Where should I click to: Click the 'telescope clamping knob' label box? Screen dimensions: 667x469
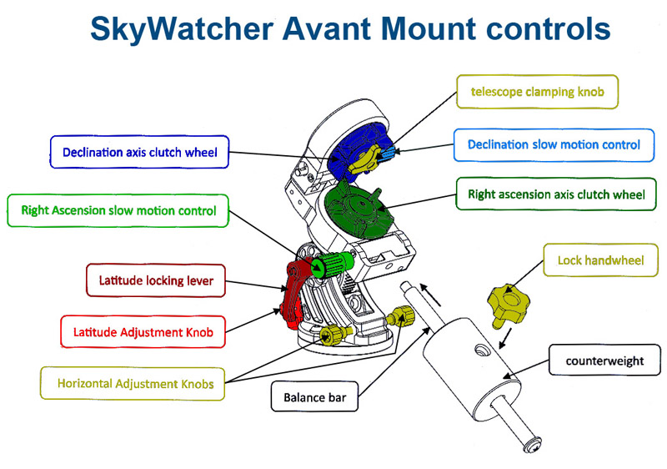[537, 92]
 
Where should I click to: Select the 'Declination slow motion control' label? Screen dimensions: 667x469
[554, 145]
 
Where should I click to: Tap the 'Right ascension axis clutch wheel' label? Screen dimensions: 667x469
[556, 194]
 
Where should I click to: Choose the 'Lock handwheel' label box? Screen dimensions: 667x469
[600, 260]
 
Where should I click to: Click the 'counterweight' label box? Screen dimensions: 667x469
[604, 361]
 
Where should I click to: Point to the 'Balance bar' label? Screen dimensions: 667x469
[314, 397]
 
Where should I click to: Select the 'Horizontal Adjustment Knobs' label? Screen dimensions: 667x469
[133, 384]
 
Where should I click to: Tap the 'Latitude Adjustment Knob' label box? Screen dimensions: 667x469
[143, 332]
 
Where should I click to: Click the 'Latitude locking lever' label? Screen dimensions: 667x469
[156, 280]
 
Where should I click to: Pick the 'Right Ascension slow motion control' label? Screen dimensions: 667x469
[118, 210]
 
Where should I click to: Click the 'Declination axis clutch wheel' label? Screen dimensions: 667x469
[139, 153]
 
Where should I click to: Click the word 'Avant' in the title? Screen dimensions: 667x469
[327, 29]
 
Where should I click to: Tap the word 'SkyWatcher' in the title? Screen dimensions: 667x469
[182, 30]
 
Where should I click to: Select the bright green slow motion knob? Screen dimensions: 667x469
[333, 264]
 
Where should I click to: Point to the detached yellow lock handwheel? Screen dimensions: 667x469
[509, 305]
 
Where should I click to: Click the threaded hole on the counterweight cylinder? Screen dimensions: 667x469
[481, 350]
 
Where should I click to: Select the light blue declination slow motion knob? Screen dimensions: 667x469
[389, 152]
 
